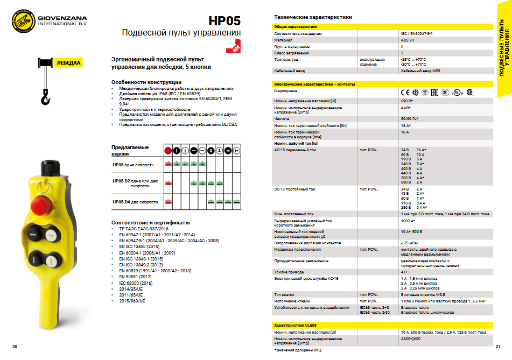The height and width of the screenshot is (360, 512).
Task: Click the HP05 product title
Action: pyautogui.click(x=225, y=21)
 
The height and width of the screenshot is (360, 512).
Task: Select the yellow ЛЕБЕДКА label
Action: pyautogui.click(x=69, y=63)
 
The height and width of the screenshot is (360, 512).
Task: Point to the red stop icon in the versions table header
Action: pyautogui.click(x=168, y=150)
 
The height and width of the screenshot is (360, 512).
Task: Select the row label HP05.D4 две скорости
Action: pyautogui.click(x=135, y=202)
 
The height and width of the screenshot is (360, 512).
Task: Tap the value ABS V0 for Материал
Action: pyautogui.click(x=408, y=40)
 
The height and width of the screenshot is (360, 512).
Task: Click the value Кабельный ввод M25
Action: pyautogui.click(x=417, y=70)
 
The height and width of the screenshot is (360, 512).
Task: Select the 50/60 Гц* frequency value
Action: pyautogui.click(x=410, y=118)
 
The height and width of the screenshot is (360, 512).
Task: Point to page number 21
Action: pyautogui.click(x=498, y=346)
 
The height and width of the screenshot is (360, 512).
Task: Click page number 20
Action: pyautogui.click(x=15, y=346)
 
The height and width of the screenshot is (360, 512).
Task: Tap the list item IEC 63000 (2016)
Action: pyautogui.click(x=136, y=283)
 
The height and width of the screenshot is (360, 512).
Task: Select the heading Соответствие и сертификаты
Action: pyautogui.click(x=150, y=222)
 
